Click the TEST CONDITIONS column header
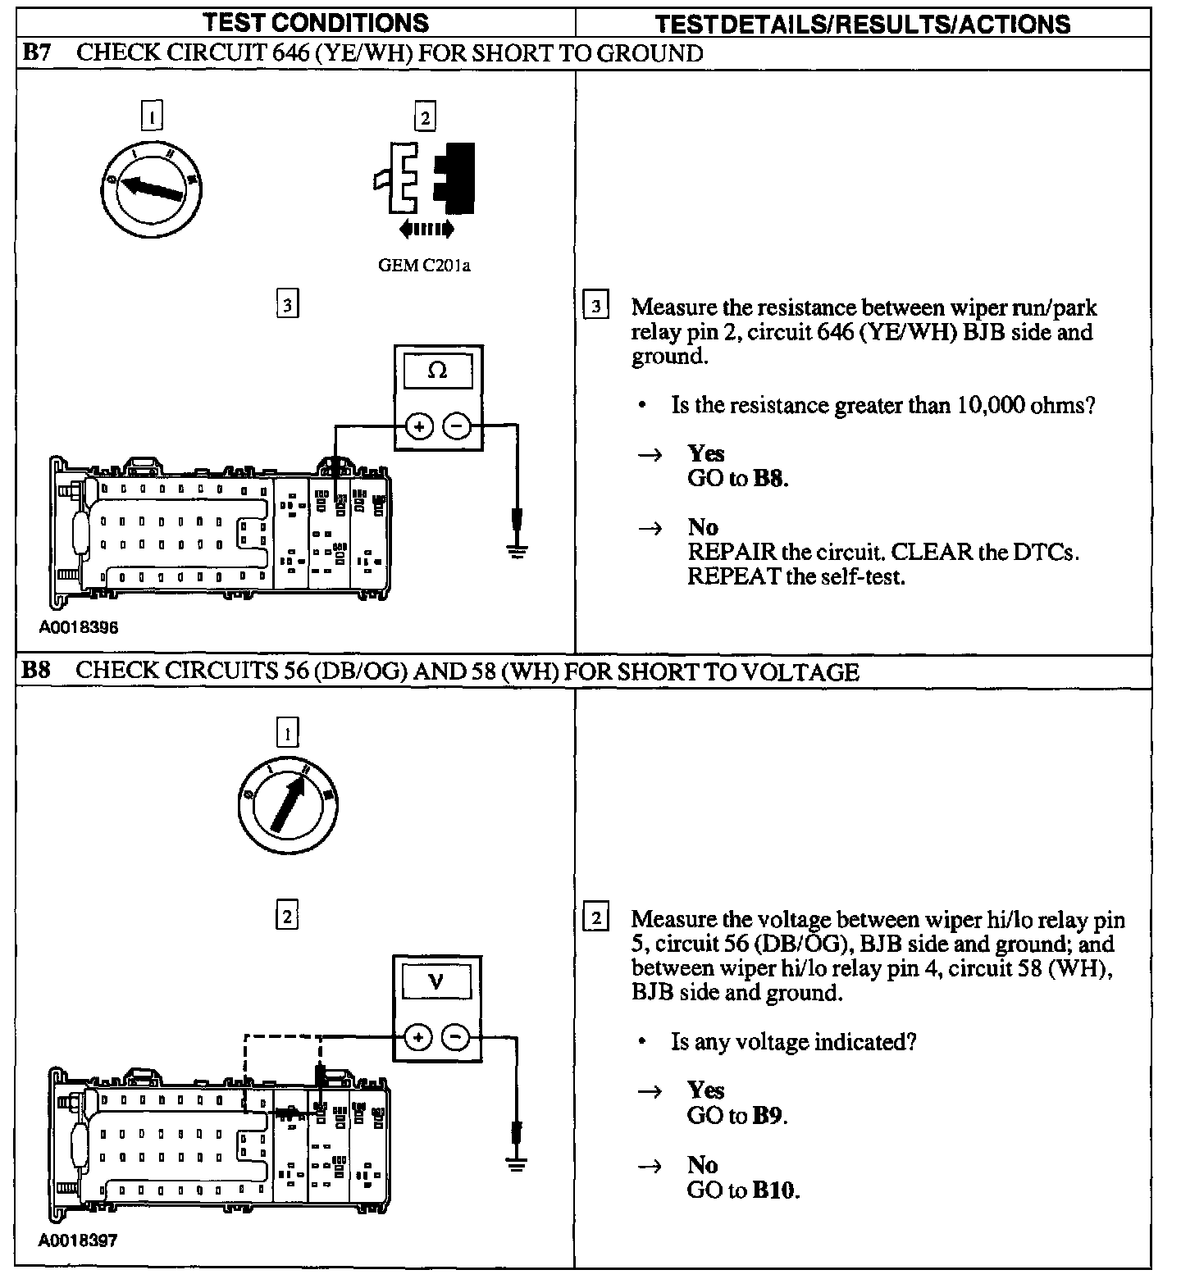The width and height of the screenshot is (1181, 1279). pyautogui.click(x=316, y=23)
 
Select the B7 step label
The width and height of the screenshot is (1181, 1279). pyautogui.click(x=36, y=54)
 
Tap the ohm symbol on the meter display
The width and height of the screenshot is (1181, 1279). pyautogui.click(x=438, y=371)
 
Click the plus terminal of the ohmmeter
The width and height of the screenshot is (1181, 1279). pyautogui.click(x=419, y=426)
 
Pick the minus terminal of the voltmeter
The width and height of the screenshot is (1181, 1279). pyautogui.click(x=456, y=1037)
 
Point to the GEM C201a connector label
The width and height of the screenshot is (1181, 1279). pyautogui.click(x=425, y=266)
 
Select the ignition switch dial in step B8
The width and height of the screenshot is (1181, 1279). pyautogui.click(x=287, y=801)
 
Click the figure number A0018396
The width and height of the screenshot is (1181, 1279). pyautogui.click(x=78, y=628)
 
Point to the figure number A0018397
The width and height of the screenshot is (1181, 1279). pyautogui.click(x=78, y=1240)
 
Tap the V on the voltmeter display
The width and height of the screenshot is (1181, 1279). pyautogui.click(x=436, y=981)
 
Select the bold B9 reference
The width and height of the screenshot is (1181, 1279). pyautogui.click(x=768, y=1116)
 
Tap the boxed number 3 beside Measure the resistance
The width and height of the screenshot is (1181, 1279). pyautogui.click(x=595, y=307)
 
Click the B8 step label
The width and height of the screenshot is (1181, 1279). pyautogui.click(x=36, y=671)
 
